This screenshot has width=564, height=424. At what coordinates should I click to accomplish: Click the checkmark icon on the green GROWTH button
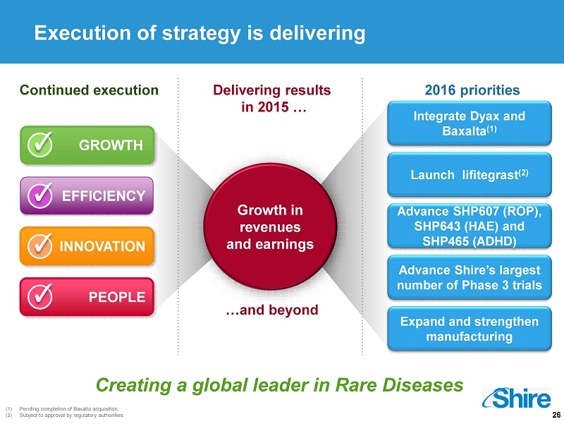click(40, 145)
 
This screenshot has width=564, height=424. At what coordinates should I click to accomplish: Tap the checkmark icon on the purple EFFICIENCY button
click(40, 195)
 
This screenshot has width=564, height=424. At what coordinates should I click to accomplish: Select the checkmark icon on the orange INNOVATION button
click(40, 246)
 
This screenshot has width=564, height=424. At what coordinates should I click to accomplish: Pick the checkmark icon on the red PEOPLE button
click(40, 296)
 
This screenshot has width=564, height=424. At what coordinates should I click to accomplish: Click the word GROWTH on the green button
click(111, 145)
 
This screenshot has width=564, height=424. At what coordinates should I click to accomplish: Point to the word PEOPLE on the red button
click(117, 297)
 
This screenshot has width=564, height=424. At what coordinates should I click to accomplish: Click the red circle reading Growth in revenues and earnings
click(270, 226)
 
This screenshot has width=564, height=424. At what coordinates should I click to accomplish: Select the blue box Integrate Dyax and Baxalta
click(470, 123)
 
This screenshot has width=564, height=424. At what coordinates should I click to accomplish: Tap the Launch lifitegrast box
click(470, 174)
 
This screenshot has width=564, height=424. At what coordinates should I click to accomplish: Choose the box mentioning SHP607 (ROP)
click(470, 226)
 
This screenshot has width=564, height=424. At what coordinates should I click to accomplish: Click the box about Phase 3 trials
click(470, 277)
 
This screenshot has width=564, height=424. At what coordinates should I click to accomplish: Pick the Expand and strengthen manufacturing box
click(470, 329)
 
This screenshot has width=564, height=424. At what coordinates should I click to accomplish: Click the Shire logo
click(517, 398)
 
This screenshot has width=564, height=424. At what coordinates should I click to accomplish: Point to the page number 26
click(556, 415)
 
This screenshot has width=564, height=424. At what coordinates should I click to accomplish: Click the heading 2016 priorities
click(472, 90)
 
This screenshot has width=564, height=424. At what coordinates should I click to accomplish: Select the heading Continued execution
click(90, 90)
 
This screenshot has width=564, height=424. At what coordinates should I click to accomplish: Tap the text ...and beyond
click(272, 310)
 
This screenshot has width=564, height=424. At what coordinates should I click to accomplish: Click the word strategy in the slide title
click(202, 34)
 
